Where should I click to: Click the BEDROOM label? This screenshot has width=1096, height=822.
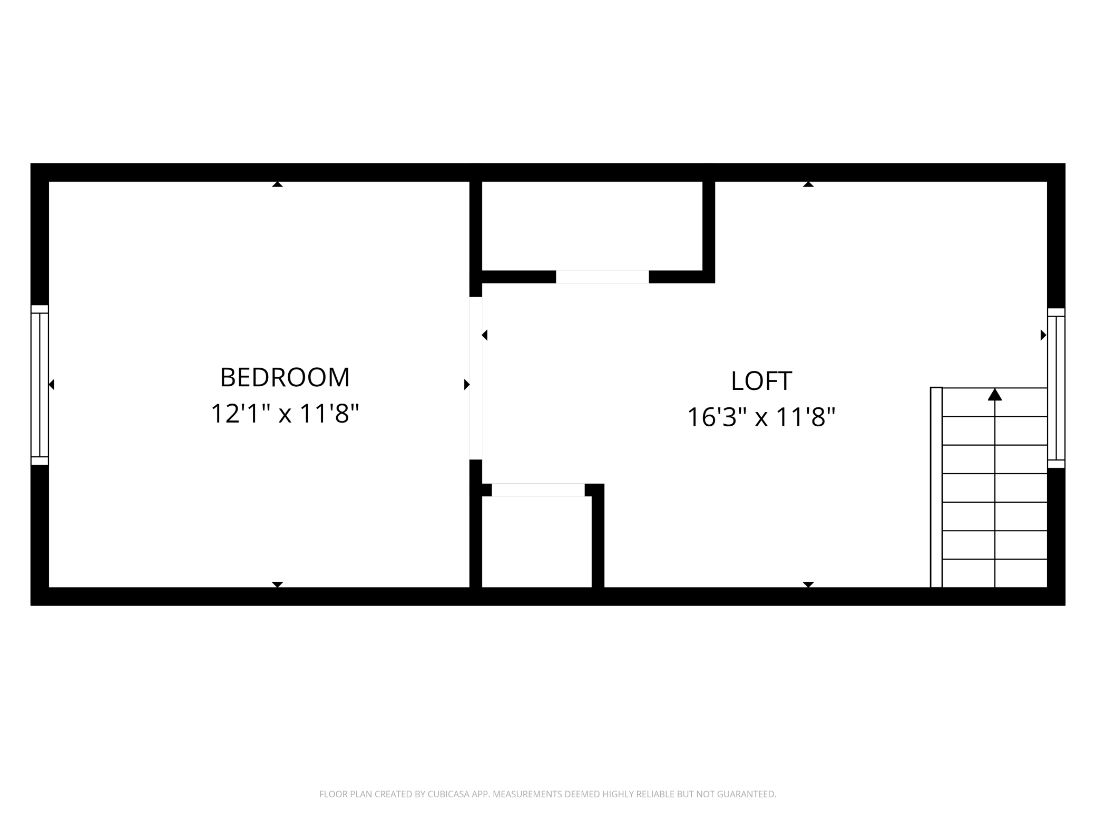285,377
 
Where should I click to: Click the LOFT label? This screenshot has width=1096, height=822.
761,381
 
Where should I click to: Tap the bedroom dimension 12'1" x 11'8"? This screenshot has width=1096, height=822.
285,414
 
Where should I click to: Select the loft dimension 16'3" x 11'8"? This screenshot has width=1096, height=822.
761,417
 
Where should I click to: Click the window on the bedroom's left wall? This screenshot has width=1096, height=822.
40,385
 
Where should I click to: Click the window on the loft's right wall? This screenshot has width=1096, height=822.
1056,388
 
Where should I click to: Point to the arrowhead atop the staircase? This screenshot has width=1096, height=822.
994,395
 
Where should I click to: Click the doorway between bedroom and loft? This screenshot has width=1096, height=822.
475,378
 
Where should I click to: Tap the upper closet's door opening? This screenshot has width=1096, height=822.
602,277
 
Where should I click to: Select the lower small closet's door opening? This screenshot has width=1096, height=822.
537,490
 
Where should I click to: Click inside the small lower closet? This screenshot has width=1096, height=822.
536,542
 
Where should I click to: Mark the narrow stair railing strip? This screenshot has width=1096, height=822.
936,487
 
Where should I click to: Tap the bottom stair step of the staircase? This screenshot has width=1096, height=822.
994,573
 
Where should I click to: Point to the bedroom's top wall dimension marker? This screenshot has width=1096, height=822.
277,184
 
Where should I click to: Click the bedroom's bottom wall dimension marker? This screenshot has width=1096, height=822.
277,584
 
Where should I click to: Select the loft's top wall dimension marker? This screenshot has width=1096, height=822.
808,184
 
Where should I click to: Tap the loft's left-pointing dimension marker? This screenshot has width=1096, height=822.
485,335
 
